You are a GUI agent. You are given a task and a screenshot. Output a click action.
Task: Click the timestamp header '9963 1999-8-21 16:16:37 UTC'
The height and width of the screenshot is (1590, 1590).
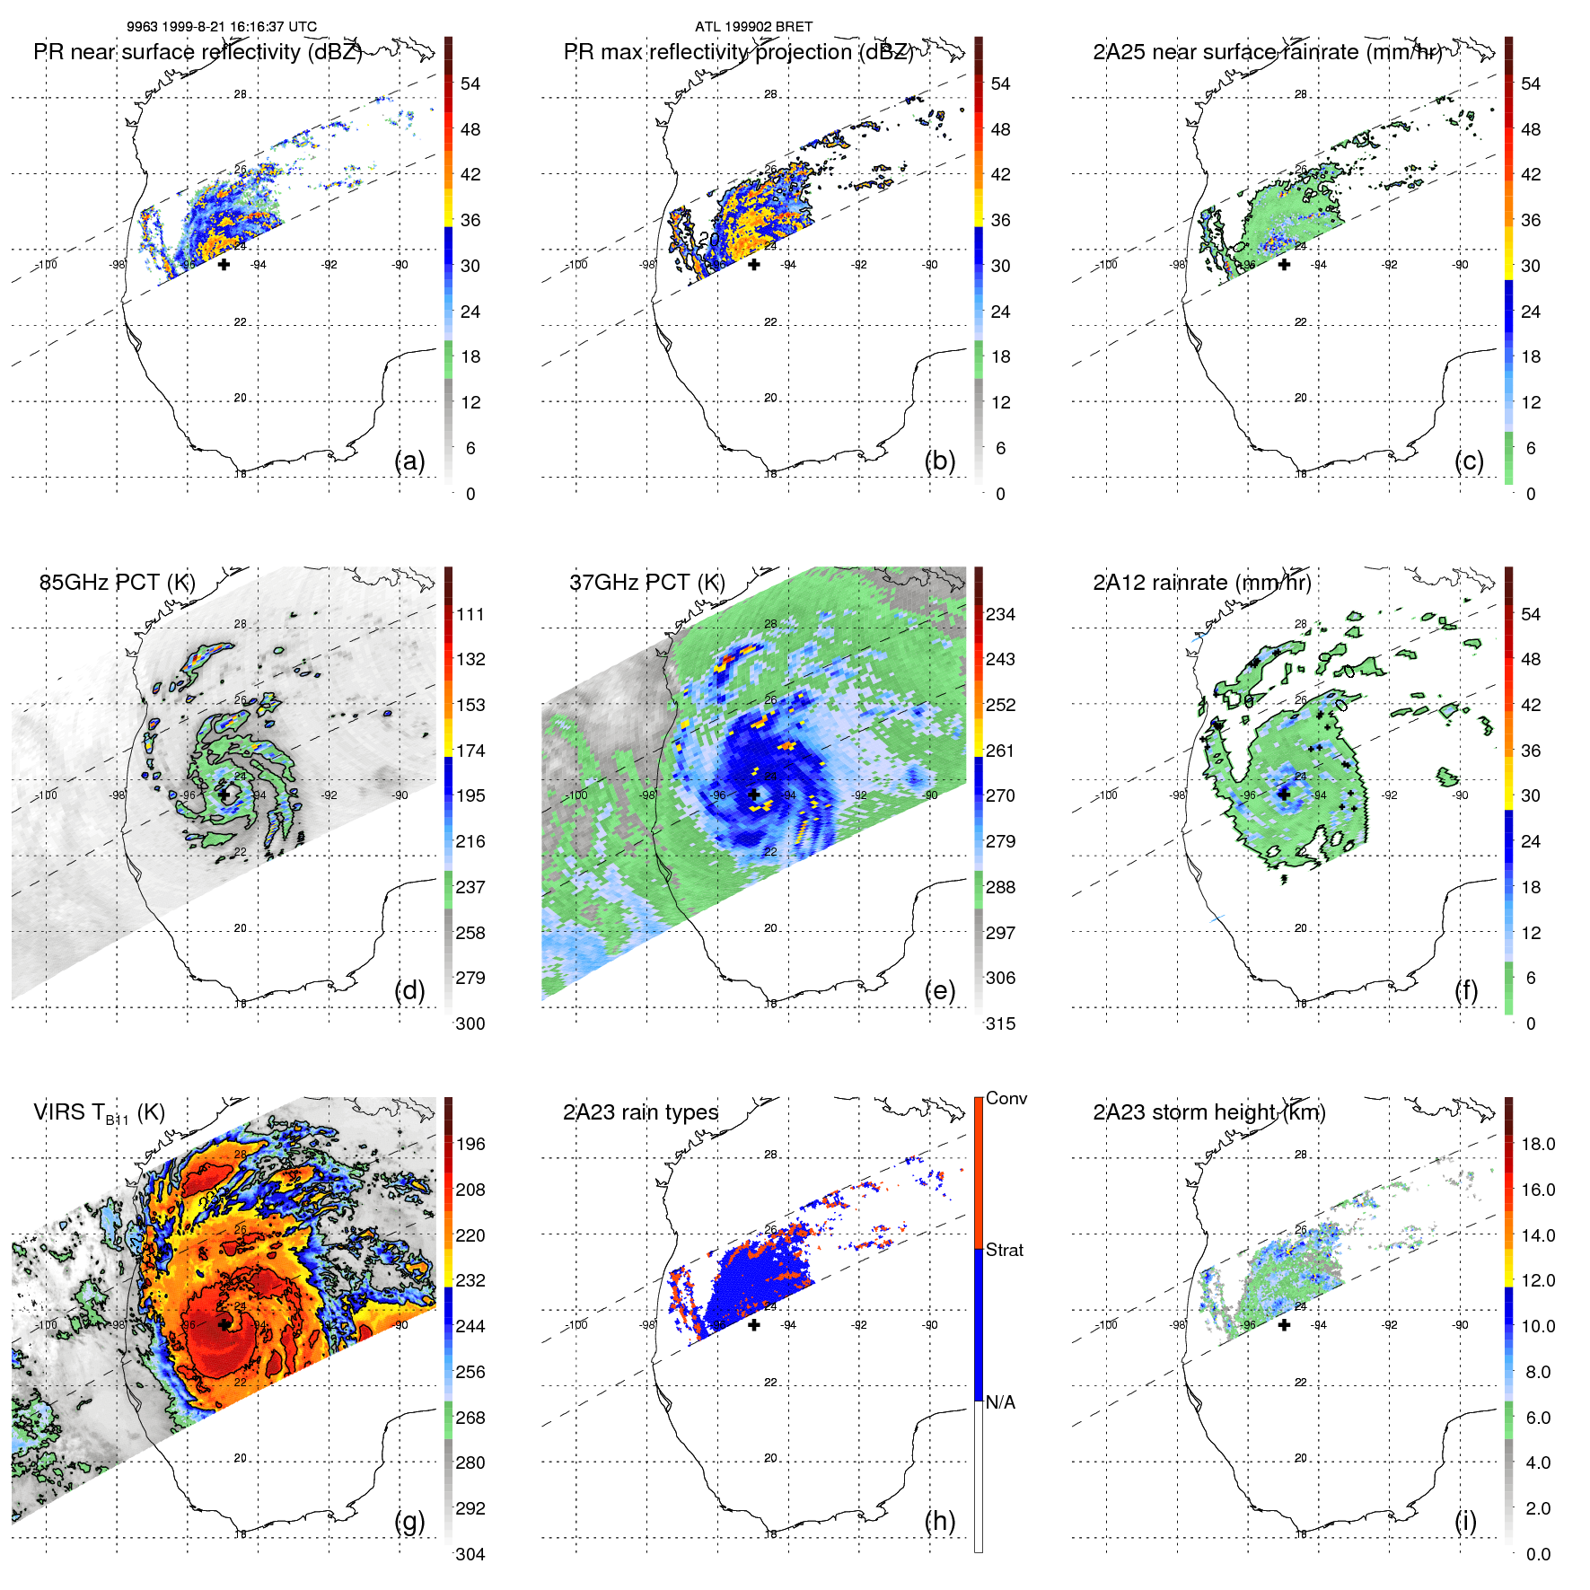point(221,27)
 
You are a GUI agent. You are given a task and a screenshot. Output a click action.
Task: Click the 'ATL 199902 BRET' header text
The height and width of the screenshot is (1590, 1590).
point(753,27)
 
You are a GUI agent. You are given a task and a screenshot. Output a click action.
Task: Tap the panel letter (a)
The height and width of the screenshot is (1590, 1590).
point(409,461)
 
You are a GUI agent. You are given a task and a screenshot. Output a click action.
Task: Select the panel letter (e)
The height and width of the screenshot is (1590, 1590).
point(939,990)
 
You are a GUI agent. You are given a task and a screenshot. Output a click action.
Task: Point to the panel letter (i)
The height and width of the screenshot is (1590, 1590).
point(1465,1521)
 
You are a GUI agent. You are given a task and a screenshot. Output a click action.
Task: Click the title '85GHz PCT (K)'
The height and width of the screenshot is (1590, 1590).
point(117,583)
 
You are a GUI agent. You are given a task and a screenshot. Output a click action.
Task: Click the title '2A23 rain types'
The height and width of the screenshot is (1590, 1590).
point(640,1112)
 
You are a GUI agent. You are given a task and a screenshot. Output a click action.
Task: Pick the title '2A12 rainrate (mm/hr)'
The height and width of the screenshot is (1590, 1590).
point(1201,583)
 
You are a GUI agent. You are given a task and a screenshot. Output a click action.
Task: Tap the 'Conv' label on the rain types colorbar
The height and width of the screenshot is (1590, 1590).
point(1006,1098)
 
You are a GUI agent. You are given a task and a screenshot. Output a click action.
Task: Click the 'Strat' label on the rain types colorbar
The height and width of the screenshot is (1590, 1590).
point(1004,1250)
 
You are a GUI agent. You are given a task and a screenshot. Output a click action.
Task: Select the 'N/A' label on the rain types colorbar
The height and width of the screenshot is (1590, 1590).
point(1000,1402)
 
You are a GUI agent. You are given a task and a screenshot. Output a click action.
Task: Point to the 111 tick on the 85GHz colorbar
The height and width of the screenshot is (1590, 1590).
point(470,614)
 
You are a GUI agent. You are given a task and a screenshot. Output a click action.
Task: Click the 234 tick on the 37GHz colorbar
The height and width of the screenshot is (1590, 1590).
point(1000,614)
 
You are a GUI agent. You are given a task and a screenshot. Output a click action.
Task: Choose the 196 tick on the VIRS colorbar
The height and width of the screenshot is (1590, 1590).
point(470,1144)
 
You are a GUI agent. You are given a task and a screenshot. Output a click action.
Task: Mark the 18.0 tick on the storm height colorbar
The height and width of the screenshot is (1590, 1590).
point(1537,1144)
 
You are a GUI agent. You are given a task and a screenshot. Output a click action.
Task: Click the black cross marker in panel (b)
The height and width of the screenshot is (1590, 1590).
point(754,264)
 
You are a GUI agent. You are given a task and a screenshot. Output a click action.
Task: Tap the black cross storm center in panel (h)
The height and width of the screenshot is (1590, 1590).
point(754,1324)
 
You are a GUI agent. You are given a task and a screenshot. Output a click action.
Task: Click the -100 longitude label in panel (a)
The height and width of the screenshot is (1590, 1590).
point(46,265)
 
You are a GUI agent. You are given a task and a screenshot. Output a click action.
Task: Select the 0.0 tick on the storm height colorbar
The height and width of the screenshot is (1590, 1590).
point(1537,1554)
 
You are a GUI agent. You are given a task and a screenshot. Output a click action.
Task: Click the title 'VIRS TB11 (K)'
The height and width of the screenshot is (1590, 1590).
point(99,1113)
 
